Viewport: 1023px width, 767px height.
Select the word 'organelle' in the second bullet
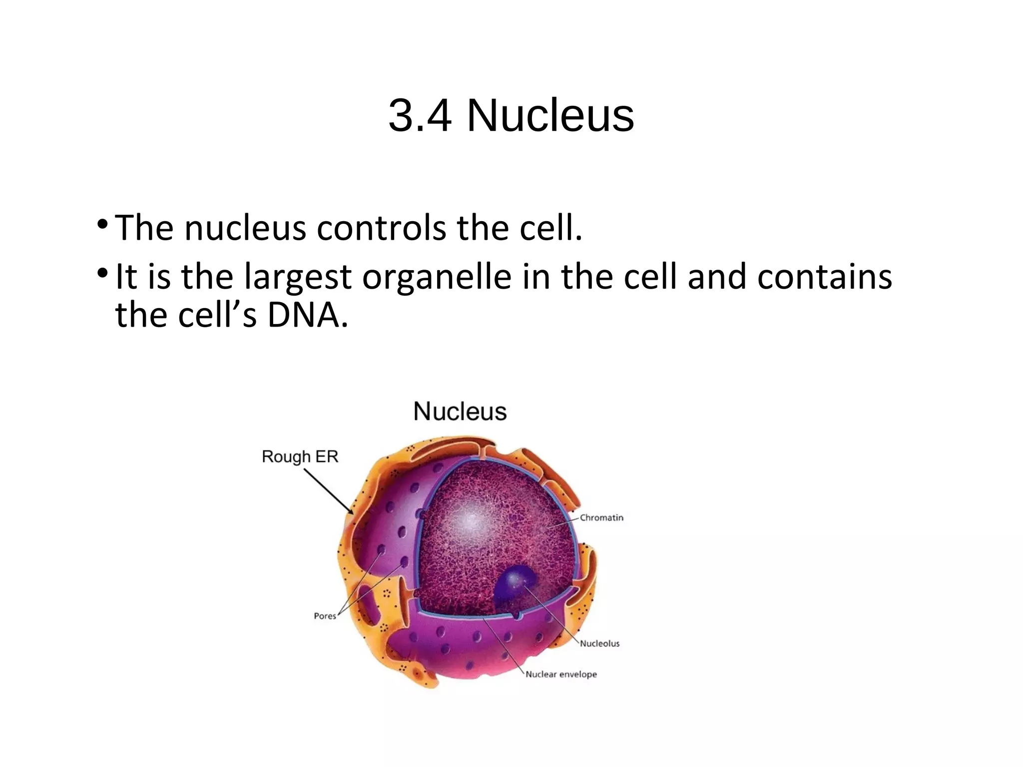tap(437, 277)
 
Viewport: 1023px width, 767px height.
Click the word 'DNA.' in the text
tap(308, 316)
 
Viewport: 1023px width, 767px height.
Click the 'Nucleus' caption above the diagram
tap(460, 412)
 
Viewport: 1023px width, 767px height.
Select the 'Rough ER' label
tap(300, 456)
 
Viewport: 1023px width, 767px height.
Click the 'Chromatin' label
tap(601, 518)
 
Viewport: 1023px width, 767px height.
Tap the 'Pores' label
tap(325, 616)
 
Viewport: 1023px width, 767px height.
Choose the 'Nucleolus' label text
tap(599, 644)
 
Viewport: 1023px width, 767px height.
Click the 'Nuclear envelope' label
tap(561, 675)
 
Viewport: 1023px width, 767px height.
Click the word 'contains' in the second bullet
tap(824, 277)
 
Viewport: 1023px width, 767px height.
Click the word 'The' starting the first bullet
tap(144, 228)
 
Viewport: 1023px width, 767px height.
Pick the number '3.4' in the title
tap(420, 116)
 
